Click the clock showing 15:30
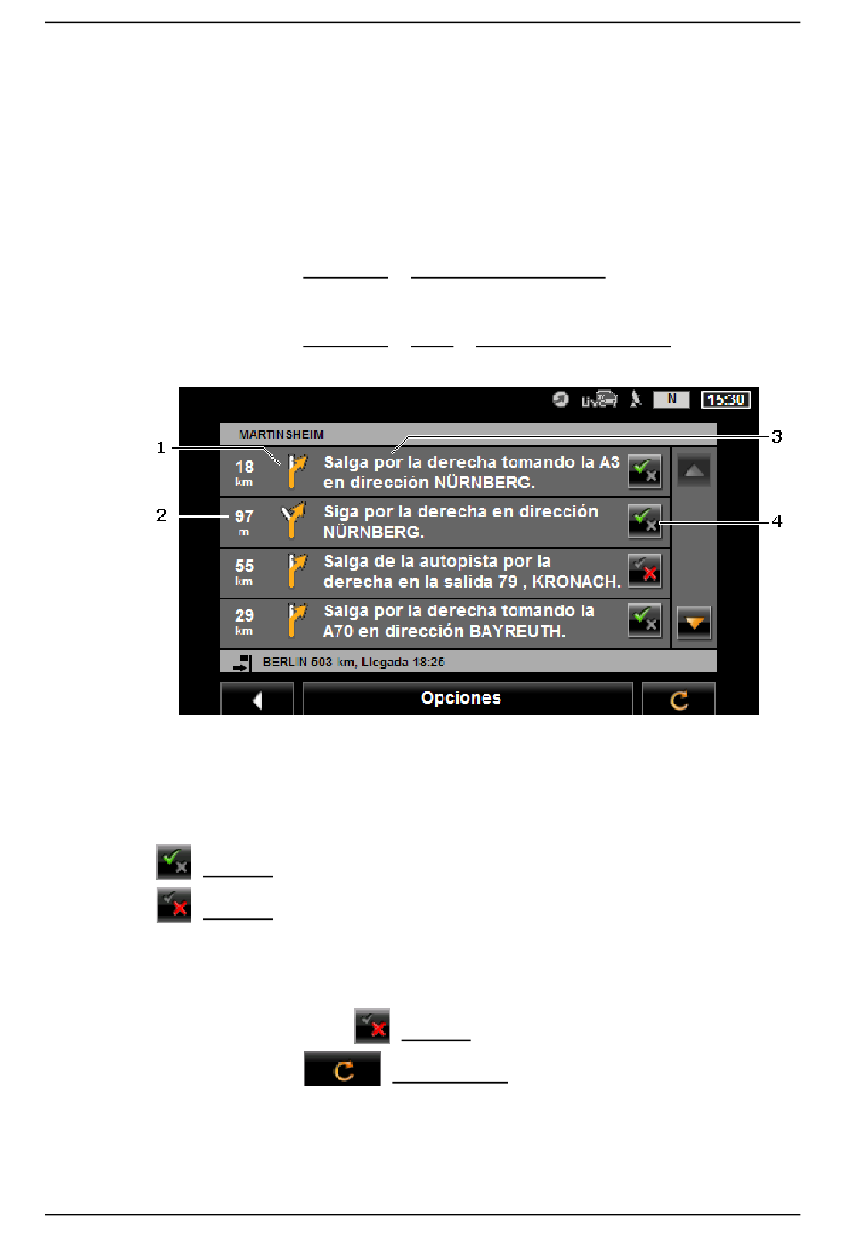[x=725, y=399]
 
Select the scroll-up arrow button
[x=694, y=471]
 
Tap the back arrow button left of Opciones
[x=256, y=699]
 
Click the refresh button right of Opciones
[x=679, y=699]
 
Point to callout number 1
[x=160, y=447]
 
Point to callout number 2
[x=160, y=516]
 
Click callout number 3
[x=777, y=436]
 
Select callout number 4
[x=777, y=521]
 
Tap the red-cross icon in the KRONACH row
[x=645, y=571]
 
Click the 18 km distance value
[x=244, y=473]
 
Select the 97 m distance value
[x=244, y=523]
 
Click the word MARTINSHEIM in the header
[x=281, y=435]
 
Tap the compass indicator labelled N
[x=671, y=399]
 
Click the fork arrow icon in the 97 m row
[x=293, y=520]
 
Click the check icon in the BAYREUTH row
[x=645, y=621]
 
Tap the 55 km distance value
[x=244, y=572]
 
